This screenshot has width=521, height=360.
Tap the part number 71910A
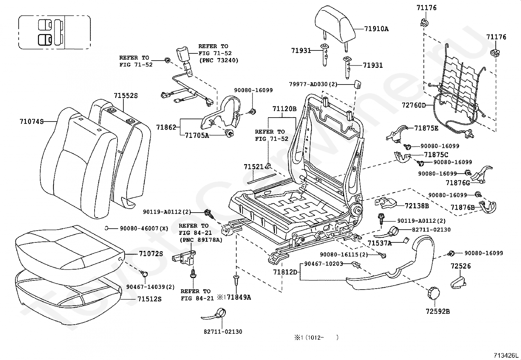(376, 29)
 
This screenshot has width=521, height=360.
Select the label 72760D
(414, 105)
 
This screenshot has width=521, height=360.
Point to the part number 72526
(461, 266)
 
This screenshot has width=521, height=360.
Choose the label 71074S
(32, 122)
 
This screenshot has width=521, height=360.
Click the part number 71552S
(126, 96)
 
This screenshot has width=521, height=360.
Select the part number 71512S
(149, 299)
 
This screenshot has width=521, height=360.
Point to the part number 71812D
(285, 272)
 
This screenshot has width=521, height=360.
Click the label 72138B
(417, 206)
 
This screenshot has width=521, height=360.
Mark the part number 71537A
(379, 243)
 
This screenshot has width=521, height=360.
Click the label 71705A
(197, 135)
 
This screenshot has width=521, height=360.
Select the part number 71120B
(284, 109)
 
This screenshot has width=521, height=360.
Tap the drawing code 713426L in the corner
(506, 355)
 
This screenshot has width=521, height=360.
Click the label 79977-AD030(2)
(313, 84)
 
